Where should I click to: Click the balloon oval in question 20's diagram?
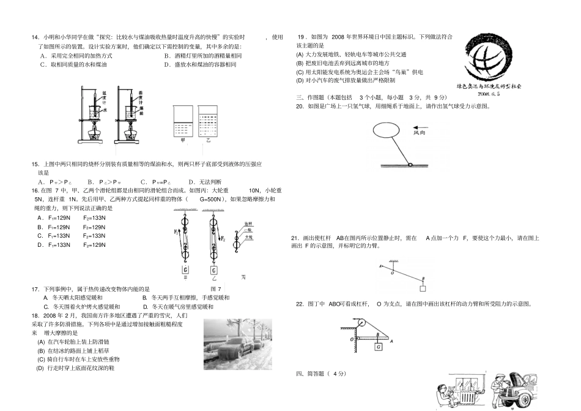[389, 131]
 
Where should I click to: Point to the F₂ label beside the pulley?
[223, 238]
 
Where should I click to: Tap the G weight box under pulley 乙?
[214, 270]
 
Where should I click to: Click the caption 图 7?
[216, 288]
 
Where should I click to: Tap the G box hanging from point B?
[379, 348]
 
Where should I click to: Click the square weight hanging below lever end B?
[422, 288]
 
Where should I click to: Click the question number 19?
[300, 37]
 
